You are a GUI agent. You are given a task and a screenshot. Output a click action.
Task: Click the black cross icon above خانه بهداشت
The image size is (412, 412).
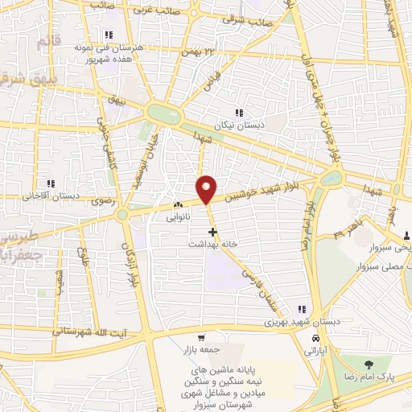[212, 231]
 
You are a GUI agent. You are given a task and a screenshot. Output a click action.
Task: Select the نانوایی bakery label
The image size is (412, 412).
[179, 218]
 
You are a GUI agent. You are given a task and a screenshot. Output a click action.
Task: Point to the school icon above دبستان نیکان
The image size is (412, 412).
[238, 113]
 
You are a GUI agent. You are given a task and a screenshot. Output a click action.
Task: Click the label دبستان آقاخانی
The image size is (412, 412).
[50, 196]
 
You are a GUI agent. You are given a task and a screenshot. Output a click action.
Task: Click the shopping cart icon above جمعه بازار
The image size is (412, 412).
[202, 337]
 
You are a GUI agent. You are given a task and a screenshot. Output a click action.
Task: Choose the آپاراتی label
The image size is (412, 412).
[309, 352]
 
